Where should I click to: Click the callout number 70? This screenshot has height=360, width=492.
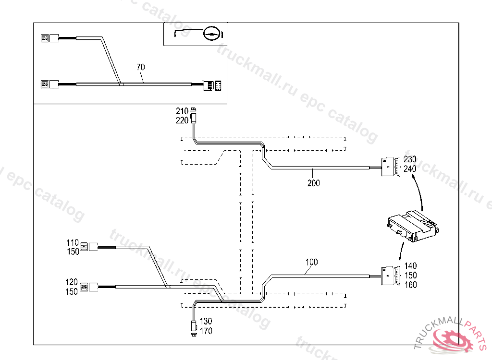[x=140, y=67]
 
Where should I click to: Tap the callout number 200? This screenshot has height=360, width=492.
[x=313, y=183]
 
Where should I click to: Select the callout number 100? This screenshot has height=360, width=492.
[x=311, y=262]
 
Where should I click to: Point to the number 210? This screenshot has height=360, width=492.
[x=182, y=111]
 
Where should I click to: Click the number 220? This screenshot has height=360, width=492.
[x=182, y=120]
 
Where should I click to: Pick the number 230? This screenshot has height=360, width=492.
[x=410, y=159]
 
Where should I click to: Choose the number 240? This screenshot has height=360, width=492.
[x=410, y=168]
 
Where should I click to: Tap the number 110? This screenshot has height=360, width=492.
[x=73, y=242]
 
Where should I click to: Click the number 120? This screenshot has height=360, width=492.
[x=73, y=281]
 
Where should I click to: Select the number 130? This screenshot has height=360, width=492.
[x=206, y=321]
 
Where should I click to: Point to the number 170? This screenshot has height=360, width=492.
[x=206, y=331]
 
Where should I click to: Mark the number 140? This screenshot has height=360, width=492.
[x=410, y=266]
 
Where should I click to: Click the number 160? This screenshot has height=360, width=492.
[x=410, y=285]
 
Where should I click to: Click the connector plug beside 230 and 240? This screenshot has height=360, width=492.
[x=390, y=167]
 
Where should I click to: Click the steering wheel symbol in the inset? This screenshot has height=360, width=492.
[x=212, y=33]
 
